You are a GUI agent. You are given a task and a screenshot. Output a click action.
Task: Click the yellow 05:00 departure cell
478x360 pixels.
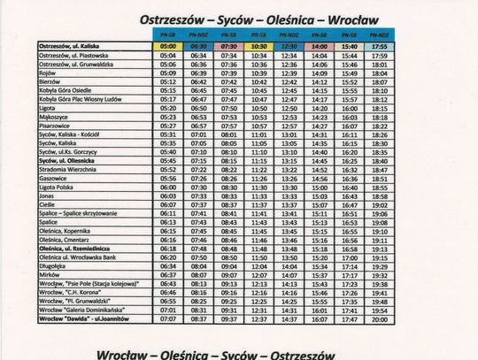168,46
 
